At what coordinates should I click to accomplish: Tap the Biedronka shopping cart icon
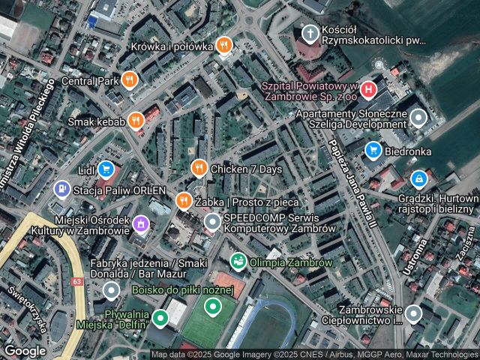[373, 151]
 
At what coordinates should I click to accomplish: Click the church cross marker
[310, 34]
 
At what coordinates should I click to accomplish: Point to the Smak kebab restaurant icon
[135, 120]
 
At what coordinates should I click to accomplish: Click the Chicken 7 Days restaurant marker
[199, 169]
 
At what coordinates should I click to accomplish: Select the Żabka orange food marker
[183, 201]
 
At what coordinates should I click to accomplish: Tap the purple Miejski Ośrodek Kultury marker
[139, 223]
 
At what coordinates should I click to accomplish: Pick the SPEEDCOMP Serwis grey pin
[213, 222]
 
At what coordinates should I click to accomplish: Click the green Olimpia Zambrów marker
[238, 262]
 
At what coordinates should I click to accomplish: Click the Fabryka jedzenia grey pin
[112, 289]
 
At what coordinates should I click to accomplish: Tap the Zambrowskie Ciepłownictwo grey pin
[413, 313]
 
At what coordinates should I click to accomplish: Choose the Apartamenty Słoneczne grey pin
[418, 118]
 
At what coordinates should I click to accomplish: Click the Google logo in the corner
[25, 350]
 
